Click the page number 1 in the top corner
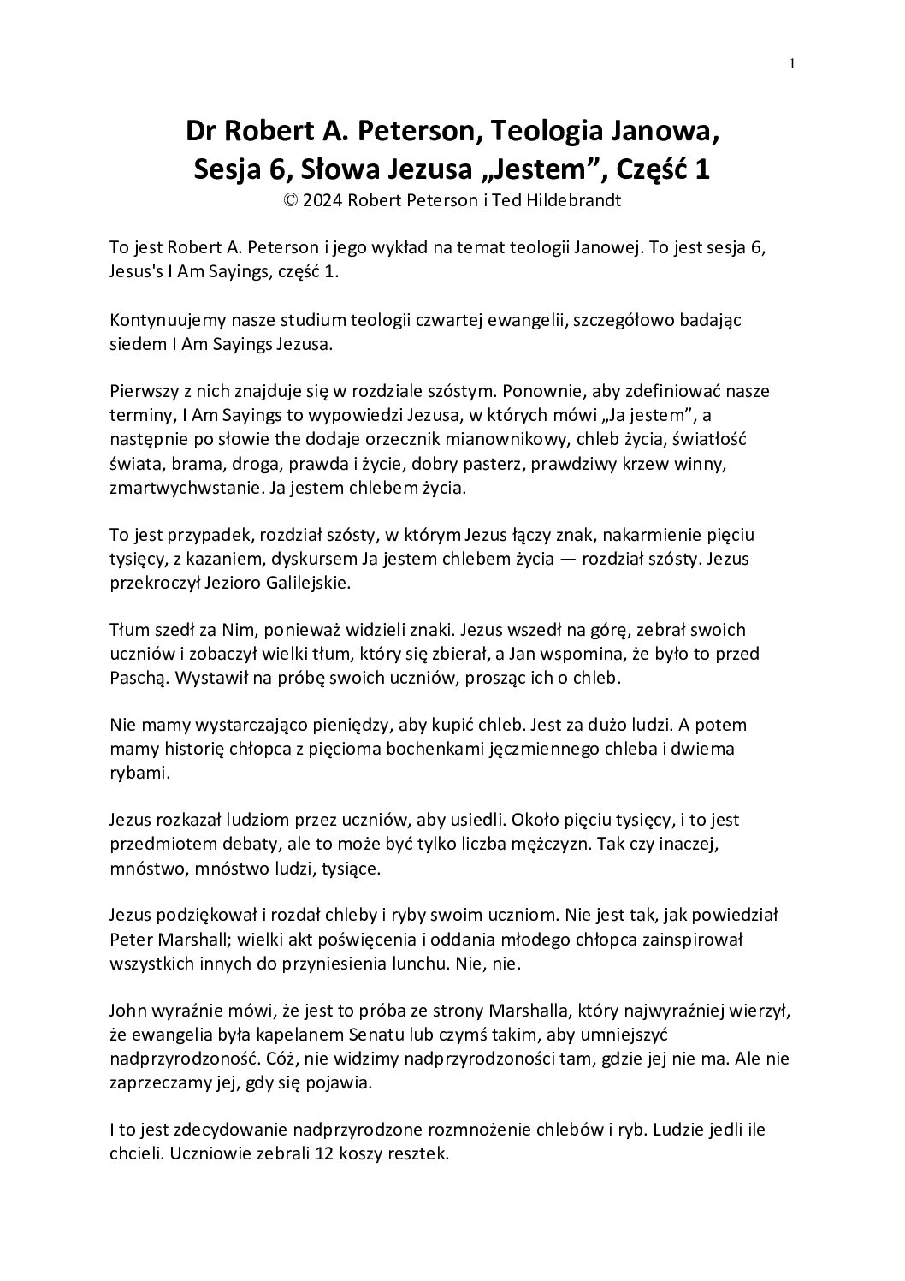[x=793, y=62]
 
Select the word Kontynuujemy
[x=163, y=320]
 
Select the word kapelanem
[x=296, y=1035]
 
